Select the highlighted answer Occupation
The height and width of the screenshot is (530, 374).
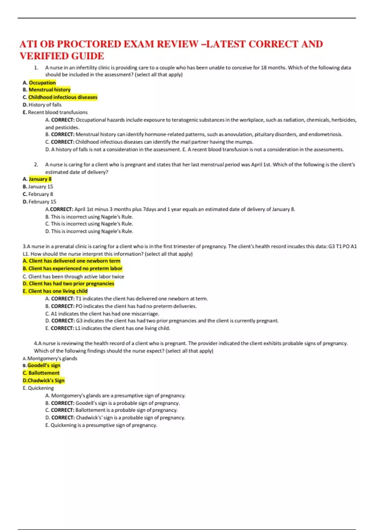(x=42, y=83)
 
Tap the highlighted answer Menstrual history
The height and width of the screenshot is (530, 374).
(x=50, y=90)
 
